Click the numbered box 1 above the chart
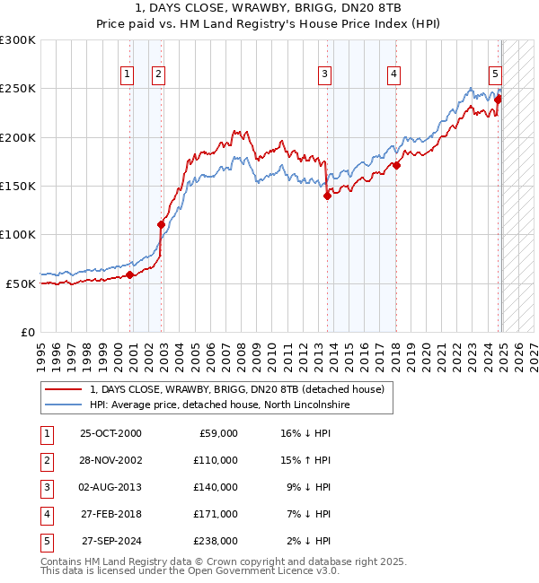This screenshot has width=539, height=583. tap(128, 74)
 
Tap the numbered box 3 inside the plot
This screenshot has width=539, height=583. tap(324, 74)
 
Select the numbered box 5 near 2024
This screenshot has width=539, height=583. tap(495, 74)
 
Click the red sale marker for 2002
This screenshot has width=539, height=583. tap(162, 224)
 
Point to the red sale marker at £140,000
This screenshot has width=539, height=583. tap(327, 196)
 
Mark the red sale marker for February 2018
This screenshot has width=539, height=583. tap(396, 165)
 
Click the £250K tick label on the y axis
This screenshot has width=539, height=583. tap(18, 89)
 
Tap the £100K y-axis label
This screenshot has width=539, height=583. tap(18, 234)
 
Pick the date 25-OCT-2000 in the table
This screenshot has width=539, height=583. tap(110, 433)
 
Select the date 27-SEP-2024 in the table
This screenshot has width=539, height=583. tap(111, 541)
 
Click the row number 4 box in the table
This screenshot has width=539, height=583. tap(46, 514)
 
